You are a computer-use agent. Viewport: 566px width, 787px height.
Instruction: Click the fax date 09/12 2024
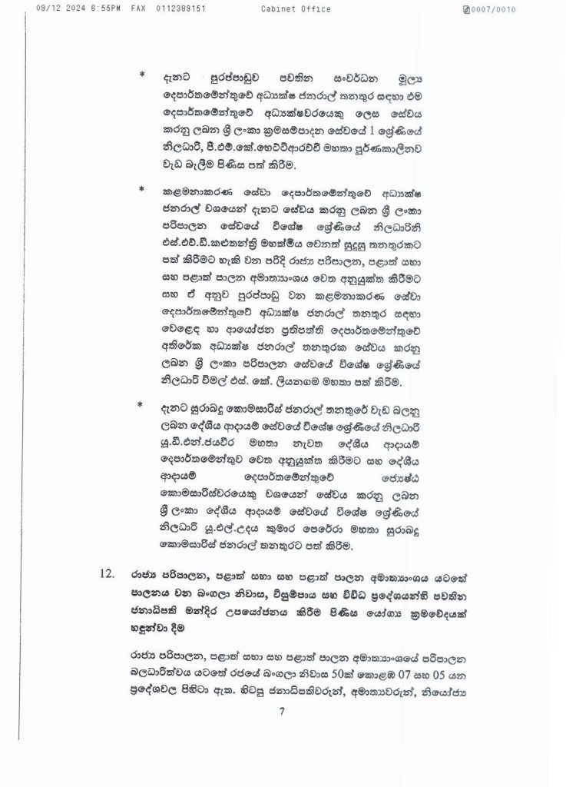(48, 9)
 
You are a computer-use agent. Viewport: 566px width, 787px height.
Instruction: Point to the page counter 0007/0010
(494, 9)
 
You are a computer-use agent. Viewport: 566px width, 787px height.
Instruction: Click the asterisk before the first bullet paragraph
(142, 75)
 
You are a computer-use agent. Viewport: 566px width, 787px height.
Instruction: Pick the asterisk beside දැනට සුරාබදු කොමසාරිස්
(142, 403)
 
